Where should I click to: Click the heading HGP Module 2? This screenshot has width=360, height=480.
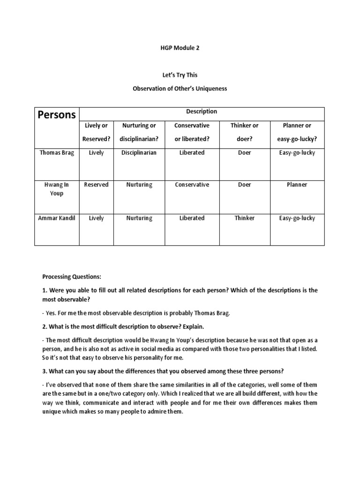pyautogui.click(x=180, y=48)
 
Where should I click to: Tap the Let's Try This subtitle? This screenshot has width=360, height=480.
pyautogui.click(x=180, y=75)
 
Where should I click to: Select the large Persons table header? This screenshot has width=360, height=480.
pyautogui.click(x=56, y=115)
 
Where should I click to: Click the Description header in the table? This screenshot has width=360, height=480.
pyautogui.click(x=202, y=112)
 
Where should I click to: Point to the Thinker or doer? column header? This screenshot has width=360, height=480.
pyautogui.click(x=244, y=132)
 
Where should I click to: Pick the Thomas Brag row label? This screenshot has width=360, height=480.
pyautogui.click(x=56, y=153)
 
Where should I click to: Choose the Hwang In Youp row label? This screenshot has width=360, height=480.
pyautogui.click(x=56, y=189)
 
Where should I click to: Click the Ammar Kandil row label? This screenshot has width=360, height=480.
pyautogui.click(x=56, y=218)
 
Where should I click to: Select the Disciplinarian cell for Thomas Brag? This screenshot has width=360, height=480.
pyautogui.click(x=139, y=153)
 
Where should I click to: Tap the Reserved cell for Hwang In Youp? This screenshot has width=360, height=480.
pyautogui.click(x=96, y=185)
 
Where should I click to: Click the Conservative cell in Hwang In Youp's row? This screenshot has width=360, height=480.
pyautogui.click(x=191, y=185)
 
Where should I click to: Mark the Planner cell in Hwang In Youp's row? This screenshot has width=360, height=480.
pyautogui.click(x=297, y=185)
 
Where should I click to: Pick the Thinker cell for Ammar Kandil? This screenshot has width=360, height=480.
pyautogui.click(x=244, y=218)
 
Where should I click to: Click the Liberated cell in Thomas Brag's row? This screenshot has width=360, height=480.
pyautogui.click(x=191, y=153)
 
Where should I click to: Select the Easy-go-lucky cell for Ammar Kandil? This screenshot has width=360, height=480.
pyautogui.click(x=297, y=218)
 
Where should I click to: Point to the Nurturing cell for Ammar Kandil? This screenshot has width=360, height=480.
pyautogui.click(x=139, y=218)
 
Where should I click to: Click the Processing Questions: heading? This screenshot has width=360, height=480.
pyautogui.click(x=72, y=277)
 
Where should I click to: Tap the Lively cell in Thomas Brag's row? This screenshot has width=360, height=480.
pyautogui.click(x=96, y=153)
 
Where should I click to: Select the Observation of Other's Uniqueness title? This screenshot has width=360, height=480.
pyautogui.click(x=180, y=89)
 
